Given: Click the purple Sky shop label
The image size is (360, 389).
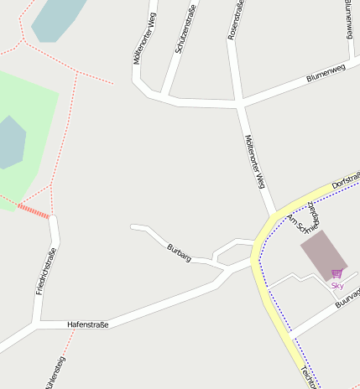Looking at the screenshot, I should [x=337, y=286].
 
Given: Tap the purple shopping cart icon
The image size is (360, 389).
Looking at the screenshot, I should [x=337, y=273].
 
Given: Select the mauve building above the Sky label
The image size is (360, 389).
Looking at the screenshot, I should [x=322, y=254].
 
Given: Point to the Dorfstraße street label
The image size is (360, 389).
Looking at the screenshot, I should [x=346, y=180].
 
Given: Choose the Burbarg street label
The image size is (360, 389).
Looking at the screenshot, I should [x=179, y=252].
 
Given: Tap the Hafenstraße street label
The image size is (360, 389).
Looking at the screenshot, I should [x=87, y=324].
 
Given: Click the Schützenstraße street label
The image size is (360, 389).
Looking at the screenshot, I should [x=185, y=34].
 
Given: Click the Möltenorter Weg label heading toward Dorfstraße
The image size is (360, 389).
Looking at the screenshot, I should [x=256, y=161].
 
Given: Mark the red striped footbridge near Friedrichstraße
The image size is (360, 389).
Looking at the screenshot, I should [x=34, y=210].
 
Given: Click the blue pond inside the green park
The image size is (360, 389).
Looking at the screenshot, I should [x=9, y=143].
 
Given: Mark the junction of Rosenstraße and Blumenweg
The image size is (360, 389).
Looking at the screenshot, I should [x=241, y=105].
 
